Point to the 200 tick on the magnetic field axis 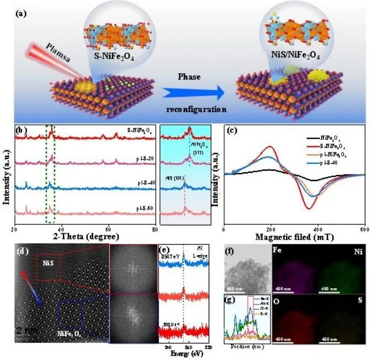(270, 229)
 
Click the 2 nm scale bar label (25, 331)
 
